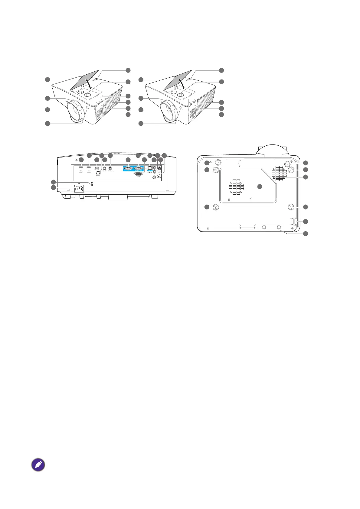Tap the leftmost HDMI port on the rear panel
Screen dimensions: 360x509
(81, 167)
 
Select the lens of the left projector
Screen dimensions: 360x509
(74, 111)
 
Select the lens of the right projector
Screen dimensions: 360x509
(167, 111)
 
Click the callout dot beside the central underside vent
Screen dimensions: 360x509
(260, 186)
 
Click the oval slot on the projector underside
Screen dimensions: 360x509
(247, 226)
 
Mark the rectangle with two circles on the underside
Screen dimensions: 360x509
(272, 227)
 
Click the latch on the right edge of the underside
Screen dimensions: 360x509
(293, 222)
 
